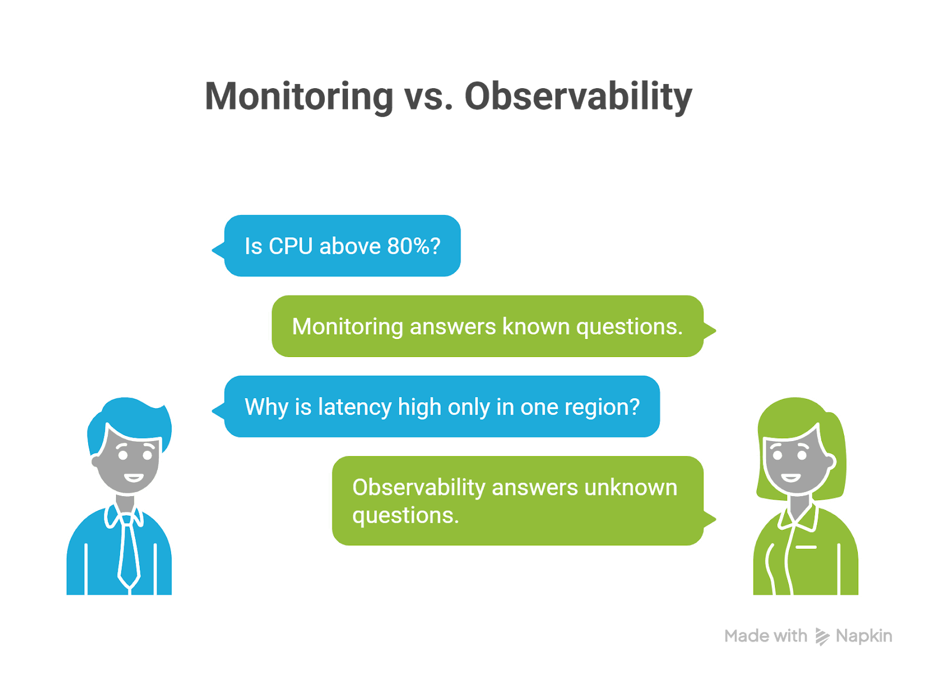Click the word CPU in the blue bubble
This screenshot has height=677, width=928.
click(x=291, y=246)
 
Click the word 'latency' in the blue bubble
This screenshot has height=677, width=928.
click(x=354, y=407)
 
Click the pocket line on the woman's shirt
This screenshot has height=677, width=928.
click(x=806, y=548)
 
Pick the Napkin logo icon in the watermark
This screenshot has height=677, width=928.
click(x=822, y=637)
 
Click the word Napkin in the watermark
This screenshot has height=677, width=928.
click(x=864, y=636)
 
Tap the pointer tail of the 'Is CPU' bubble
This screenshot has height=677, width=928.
click(x=218, y=250)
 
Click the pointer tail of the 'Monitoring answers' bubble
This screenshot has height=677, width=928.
click(x=710, y=331)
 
